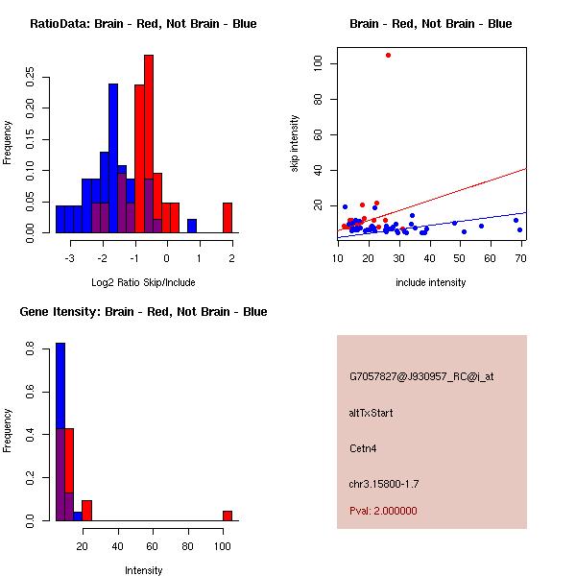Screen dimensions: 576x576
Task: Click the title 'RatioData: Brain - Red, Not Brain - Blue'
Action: (x=143, y=24)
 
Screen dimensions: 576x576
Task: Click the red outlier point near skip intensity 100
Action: (x=388, y=55)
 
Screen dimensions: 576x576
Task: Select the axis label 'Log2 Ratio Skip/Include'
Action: (x=143, y=283)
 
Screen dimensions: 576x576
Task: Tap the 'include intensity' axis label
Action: (x=431, y=283)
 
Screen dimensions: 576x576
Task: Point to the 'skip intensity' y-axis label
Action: (x=296, y=144)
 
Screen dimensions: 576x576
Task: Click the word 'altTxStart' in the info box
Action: (x=372, y=413)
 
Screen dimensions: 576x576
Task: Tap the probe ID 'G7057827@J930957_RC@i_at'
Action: (x=421, y=377)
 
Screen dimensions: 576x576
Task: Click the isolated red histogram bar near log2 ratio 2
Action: (x=228, y=218)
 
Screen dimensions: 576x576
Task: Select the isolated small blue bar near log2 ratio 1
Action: (x=192, y=227)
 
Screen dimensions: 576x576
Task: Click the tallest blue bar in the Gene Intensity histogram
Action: (x=60, y=432)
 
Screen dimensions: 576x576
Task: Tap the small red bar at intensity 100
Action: (x=228, y=516)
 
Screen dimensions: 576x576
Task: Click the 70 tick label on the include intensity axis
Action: (x=521, y=258)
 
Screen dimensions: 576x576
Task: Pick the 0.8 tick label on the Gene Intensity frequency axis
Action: (x=30, y=351)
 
